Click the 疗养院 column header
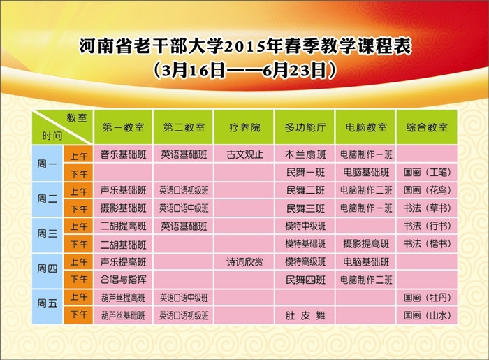245,127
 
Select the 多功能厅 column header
305,127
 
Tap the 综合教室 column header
427,127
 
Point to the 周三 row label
47,235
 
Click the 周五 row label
47,307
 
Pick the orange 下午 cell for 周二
78,208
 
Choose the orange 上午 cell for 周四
78,261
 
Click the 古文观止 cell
245,154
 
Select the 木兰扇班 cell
305,154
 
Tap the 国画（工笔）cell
427,172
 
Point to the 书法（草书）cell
427,208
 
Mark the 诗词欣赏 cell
245,262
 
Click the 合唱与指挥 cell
123,280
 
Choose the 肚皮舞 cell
305,316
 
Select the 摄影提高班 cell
366,244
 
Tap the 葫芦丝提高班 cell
123,298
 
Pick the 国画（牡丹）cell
427,298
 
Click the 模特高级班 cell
305,262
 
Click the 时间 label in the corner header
52,136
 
